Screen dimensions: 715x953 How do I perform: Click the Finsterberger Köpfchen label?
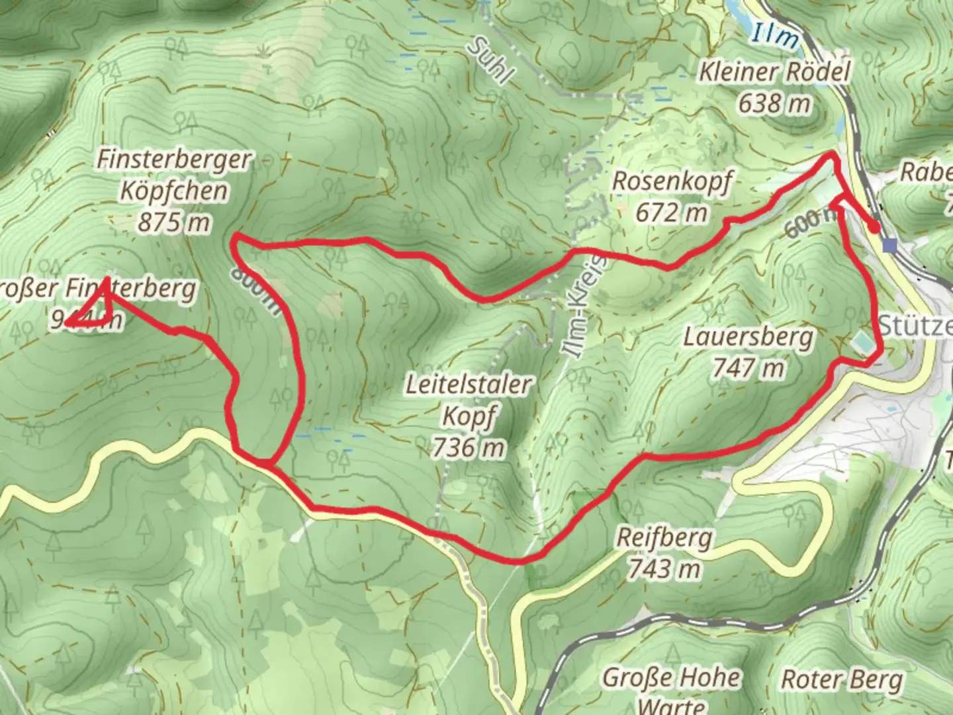click(175, 175)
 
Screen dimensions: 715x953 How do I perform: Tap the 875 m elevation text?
click(175, 222)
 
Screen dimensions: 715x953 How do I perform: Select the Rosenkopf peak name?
click(672, 181)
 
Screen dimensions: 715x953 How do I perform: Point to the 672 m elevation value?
click(671, 213)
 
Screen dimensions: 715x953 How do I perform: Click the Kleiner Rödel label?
click(774, 71)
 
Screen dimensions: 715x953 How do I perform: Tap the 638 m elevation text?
click(775, 103)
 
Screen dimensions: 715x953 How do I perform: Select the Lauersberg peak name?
click(749, 338)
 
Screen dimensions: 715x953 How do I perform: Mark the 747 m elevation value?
click(749, 368)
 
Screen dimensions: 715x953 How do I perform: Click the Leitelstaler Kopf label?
click(468, 401)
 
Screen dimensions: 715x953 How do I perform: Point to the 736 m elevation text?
click(468, 448)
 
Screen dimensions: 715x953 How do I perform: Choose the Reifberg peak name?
click(664, 538)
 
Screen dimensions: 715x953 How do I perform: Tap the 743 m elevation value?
click(664, 568)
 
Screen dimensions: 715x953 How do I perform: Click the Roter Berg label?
click(842, 679)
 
